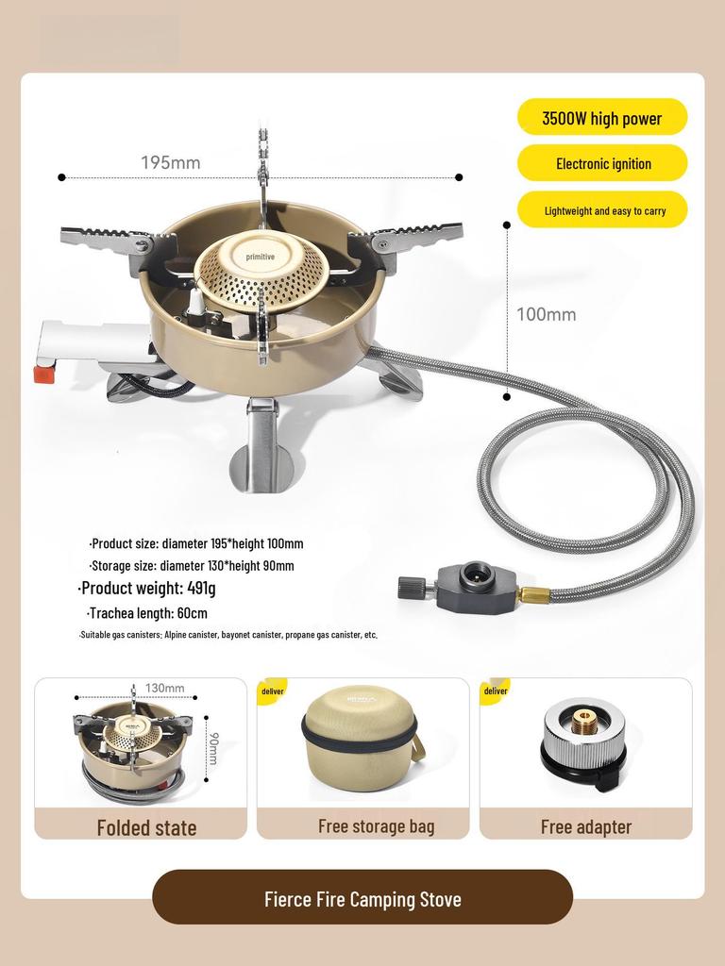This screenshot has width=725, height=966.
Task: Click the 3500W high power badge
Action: pyautogui.click(x=602, y=118)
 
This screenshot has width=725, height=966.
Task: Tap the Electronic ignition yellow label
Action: pyautogui.click(x=602, y=163)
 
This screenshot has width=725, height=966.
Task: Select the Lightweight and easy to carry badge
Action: pyautogui.click(x=602, y=210)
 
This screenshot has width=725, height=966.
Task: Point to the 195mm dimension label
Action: pyautogui.click(x=171, y=162)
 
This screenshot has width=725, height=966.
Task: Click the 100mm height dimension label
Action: pyautogui.click(x=546, y=314)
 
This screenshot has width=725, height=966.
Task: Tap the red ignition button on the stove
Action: pyautogui.click(x=42, y=375)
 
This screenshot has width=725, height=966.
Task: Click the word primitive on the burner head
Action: pyautogui.click(x=260, y=257)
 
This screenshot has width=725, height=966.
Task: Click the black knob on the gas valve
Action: pyautogui.click(x=411, y=588)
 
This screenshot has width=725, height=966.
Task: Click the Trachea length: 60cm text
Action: pyautogui.click(x=146, y=613)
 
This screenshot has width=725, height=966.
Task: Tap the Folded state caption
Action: pyautogui.click(x=146, y=827)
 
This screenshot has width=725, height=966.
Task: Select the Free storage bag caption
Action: pyautogui.click(x=376, y=826)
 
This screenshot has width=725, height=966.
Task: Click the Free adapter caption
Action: pyautogui.click(x=585, y=826)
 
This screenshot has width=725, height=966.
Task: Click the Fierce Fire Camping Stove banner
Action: pyautogui.click(x=362, y=898)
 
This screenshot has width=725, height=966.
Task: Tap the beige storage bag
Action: pyautogui.click(x=361, y=738)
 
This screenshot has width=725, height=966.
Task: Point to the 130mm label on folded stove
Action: pyautogui.click(x=164, y=689)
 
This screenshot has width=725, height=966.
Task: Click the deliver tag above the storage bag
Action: pyautogui.click(x=273, y=691)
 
